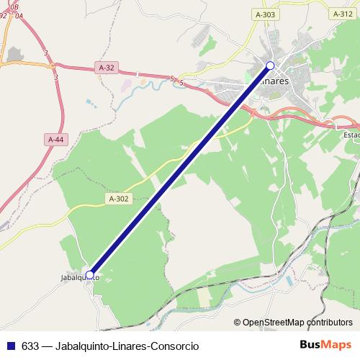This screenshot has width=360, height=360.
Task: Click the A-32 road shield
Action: point(106,68)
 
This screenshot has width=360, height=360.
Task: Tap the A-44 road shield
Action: point(55,139)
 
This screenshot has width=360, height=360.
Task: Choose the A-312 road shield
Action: point(343,14)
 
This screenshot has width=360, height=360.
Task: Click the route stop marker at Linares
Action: point(271,66)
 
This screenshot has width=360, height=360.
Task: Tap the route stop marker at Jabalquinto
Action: point(89,274)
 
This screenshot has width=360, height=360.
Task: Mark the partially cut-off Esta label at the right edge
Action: point(351,135)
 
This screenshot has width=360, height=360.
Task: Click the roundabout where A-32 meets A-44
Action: point(53,66)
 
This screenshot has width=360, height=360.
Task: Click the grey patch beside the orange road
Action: point(14,53)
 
